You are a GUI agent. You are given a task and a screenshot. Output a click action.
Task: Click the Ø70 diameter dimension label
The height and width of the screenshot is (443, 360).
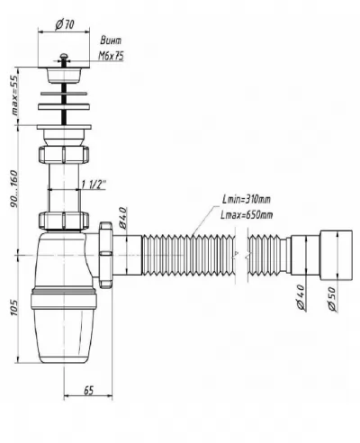pyautogui.click(x=65, y=24)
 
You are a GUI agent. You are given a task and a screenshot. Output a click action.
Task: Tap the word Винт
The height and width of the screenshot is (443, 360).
pyautogui.click(x=111, y=41)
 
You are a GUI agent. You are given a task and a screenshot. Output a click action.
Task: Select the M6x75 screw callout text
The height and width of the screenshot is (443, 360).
pyautogui.click(x=111, y=56)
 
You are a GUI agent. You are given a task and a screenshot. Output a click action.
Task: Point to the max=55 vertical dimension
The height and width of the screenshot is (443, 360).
pyautogui.click(x=14, y=95)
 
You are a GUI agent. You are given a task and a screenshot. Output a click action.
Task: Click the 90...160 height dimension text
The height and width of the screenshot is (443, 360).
pyautogui.click(x=14, y=189)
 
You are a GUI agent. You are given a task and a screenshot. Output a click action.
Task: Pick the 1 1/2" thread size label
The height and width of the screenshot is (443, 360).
pyautogui.click(x=94, y=185)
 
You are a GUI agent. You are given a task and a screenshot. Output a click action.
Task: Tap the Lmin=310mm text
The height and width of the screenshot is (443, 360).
pyautogui.click(x=247, y=199)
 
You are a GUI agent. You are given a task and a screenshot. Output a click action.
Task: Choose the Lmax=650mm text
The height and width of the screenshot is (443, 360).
pyautogui.click(x=247, y=215)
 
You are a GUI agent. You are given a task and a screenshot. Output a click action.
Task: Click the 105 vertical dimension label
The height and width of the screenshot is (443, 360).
pyautogui.click(x=14, y=307)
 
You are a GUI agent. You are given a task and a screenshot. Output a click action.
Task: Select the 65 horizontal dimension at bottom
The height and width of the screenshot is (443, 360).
pyautogui.click(x=89, y=391)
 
